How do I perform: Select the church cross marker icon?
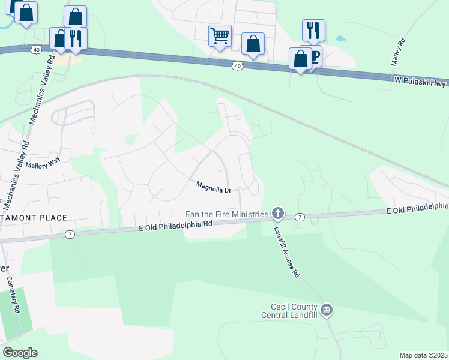click(277, 213)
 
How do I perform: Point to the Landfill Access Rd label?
click(286, 251)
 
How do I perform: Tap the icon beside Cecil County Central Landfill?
click(327, 310)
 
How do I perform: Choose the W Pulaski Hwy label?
click(420, 82)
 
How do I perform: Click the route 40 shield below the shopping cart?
click(238, 65)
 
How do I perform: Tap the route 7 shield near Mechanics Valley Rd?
click(70, 235)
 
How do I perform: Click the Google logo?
click(20, 353)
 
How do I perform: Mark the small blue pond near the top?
click(340, 38)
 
